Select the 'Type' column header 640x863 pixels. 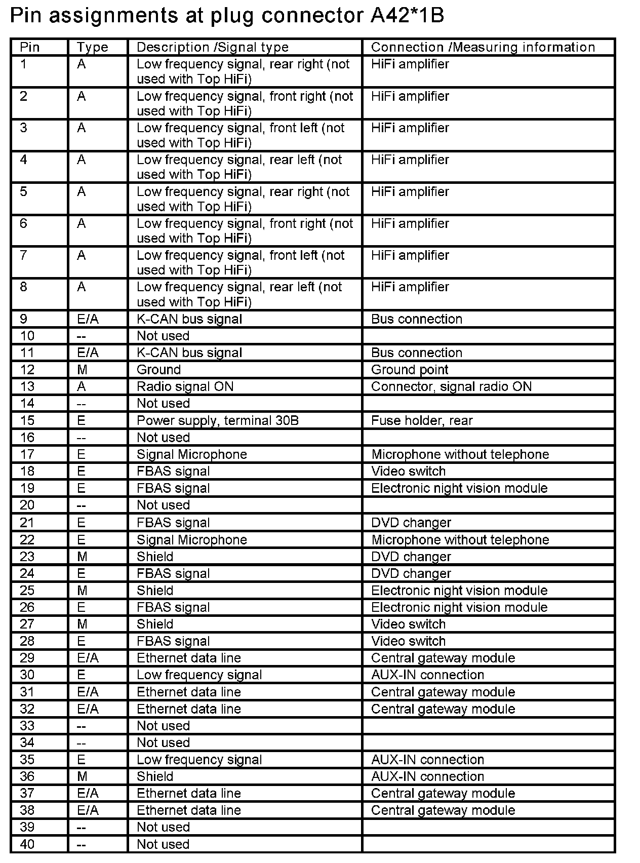(x=92, y=47)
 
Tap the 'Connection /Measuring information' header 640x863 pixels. (x=483, y=47)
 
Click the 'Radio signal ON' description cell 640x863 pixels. (x=185, y=386)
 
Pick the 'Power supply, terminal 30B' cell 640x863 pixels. (x=217, y=420)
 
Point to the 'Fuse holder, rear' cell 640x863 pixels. (x=421, y=420)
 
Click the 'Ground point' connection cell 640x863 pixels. (x=409, y=370)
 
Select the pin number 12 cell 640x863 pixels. (x=27, y=370)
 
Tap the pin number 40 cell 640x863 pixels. (x=27, y=844)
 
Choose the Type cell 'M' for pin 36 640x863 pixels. (x=82, y=776)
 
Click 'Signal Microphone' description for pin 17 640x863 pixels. (x=191, y=454)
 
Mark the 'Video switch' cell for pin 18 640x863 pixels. (x=408, y=471)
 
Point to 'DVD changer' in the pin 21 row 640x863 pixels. (x=411, y=522)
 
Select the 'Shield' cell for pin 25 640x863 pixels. (x=154, y=590)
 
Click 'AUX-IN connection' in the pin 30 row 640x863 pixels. (x=427, y=675)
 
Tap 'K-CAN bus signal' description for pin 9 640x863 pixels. (x=189, y=319)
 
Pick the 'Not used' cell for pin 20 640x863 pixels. (x=163, y=505)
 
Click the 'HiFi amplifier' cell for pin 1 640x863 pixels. (x=410, y=64)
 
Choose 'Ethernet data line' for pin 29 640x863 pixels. (x=188, y=658)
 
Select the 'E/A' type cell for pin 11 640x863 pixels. (x=88, y=352)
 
